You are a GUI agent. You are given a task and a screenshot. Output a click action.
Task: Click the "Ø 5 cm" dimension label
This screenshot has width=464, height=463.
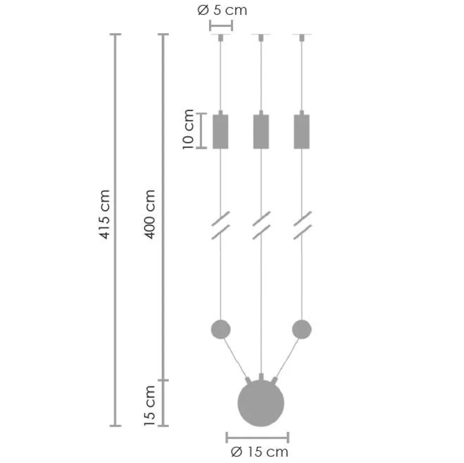222,11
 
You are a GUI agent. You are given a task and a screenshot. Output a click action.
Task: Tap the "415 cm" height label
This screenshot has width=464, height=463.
104,214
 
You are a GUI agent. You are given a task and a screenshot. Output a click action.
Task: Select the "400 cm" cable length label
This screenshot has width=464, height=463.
150,214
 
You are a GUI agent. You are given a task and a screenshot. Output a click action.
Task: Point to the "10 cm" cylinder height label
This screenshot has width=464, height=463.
188,129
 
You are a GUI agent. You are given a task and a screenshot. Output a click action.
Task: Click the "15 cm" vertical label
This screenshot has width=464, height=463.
150,405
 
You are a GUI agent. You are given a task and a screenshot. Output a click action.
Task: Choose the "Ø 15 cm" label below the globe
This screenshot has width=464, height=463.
259,452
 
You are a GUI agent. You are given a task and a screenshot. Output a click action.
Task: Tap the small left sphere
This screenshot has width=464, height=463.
221,329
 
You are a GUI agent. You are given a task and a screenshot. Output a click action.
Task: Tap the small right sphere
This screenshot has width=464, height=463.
301,329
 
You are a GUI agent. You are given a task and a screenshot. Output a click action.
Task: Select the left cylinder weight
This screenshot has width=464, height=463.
221,132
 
